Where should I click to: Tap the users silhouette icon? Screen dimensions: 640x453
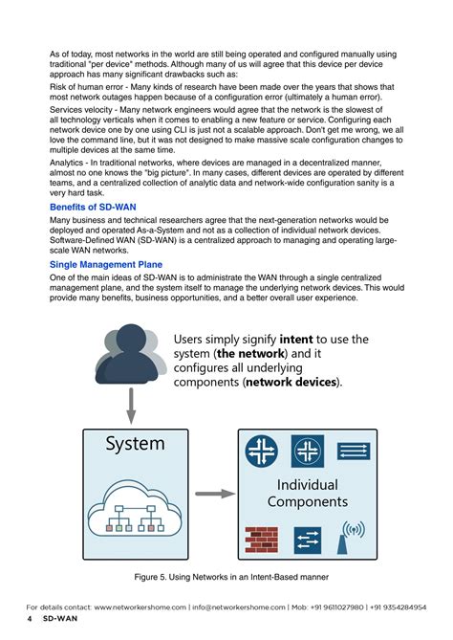click(x=130, y=360)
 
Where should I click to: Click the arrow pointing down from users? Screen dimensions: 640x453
click(x=131, y=406)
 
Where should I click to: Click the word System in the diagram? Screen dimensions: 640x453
click(x=136, y=444)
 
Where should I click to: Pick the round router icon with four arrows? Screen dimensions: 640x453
click(x=262, y=452)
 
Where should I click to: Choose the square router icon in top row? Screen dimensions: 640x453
click(x=307, y=452)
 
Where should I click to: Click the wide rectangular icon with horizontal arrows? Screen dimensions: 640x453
click(x=352, y=452)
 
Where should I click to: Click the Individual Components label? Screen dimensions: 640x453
click(x=307, y=493)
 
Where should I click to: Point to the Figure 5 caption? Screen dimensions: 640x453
click(x=226, y=577)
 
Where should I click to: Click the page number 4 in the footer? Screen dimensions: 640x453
click(x=30, y=619)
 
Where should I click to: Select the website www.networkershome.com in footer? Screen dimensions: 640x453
click(x=140, y=607)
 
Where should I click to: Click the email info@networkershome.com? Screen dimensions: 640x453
click(x=238, y=607)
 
